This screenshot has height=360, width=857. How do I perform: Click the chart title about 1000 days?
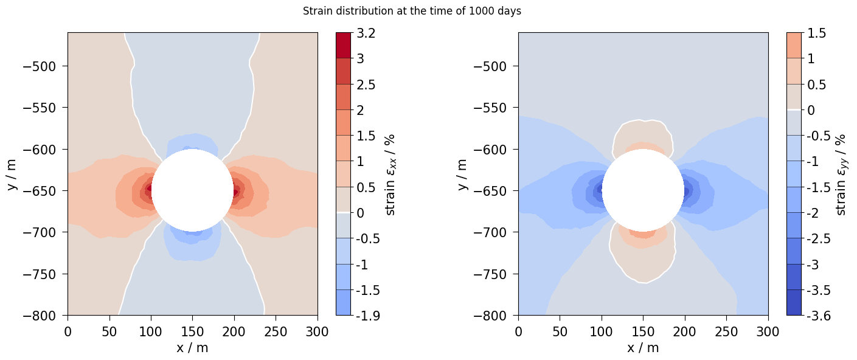(x=412, y=11)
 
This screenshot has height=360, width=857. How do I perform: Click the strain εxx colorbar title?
(x=391, y=175)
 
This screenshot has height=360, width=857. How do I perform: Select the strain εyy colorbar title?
(x=842, y=175)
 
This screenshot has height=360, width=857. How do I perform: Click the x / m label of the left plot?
(x=192, y=348)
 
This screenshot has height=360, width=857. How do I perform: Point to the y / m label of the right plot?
(x=462, y=175)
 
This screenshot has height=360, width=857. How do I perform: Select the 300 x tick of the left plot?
(x=317, y=331)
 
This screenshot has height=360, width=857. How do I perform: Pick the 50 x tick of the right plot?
(x=560, y=331)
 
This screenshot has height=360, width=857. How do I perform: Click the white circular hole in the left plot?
(x=192, y=190)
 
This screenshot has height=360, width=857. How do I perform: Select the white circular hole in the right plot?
(x=643, y=190)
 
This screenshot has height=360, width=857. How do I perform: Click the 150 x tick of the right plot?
(x=643, y=331)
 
